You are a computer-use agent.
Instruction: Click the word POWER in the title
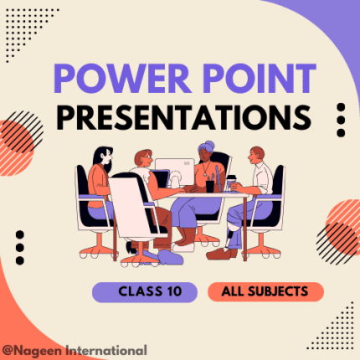122,79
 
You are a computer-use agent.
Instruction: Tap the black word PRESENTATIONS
184,117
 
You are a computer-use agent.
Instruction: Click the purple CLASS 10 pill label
145,292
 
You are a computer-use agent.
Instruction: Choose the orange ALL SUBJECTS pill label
265,292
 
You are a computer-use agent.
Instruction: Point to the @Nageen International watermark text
75,351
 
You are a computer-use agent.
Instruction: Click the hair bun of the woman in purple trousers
209,146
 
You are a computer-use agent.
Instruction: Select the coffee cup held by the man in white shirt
231,183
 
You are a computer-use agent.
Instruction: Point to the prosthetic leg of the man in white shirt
231,236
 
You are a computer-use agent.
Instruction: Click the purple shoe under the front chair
170,257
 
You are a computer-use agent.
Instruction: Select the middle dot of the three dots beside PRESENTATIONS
341,120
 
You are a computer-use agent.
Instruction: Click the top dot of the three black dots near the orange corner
20,235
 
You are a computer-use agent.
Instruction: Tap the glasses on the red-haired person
148,157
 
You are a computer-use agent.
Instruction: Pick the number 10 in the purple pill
174,291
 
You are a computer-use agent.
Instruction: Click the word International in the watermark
106,350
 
